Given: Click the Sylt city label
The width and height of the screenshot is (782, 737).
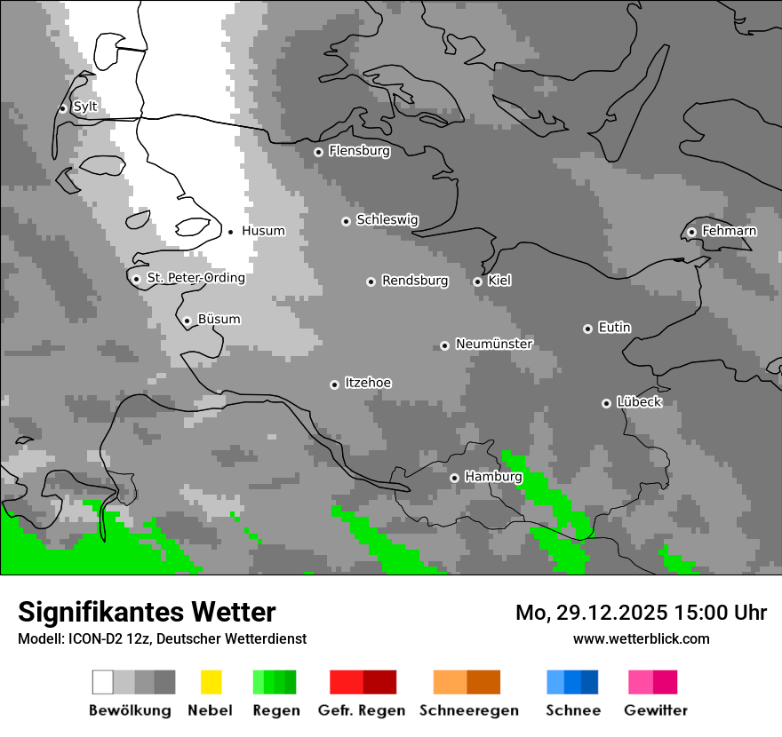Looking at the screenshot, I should (x=85, y=107).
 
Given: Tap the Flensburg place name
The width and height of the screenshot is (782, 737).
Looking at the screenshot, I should (x=359, y=151).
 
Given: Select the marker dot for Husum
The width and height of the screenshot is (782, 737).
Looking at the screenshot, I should (x=230, y=232).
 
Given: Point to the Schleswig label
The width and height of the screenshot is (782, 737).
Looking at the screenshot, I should (x=387, y=220).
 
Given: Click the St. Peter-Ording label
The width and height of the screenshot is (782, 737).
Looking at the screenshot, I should (x=195, y=278).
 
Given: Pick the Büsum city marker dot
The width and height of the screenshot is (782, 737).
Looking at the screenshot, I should (x=187, y=321).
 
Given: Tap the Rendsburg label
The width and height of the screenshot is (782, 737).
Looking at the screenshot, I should (x=414, y=281).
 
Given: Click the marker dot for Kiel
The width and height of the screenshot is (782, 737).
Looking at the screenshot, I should (x=477, y=281).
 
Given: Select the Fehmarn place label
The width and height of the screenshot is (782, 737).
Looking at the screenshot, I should (x=729, y=231).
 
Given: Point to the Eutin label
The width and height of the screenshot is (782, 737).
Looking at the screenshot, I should (x=614, y=328).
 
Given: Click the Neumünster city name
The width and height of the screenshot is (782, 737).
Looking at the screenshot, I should (x=494, y=344).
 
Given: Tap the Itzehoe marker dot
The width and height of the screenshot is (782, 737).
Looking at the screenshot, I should (x=334, y=384).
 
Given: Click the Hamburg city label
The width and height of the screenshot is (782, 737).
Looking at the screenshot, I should (x=493, y=477).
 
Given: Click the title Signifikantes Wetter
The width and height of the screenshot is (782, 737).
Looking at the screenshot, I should (x=147, y=612).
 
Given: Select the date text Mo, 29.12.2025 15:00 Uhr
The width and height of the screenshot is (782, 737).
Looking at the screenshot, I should (x=641, y=613).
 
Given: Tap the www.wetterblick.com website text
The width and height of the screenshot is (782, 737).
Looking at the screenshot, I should (x=641, y=638).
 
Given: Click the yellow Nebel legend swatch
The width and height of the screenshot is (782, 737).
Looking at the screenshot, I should (x=211, y=682).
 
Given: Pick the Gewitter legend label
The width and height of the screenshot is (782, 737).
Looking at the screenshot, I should (x=655, y=710).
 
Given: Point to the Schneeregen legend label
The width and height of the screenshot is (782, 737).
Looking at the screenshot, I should (x=468, y=710).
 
